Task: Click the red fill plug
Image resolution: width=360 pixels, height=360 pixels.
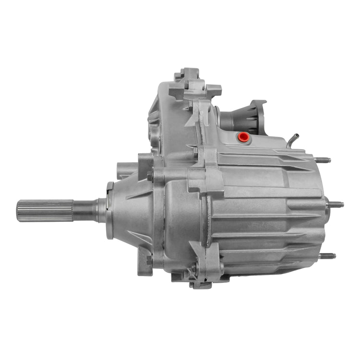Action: [243, 137]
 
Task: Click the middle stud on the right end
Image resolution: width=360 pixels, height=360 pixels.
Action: [336, 204]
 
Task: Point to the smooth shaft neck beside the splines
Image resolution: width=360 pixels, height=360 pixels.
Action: [84, 211]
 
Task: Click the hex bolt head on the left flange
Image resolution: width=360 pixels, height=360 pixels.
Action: [150, 176]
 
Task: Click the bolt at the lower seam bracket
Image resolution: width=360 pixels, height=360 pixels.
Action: [194, 269]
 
